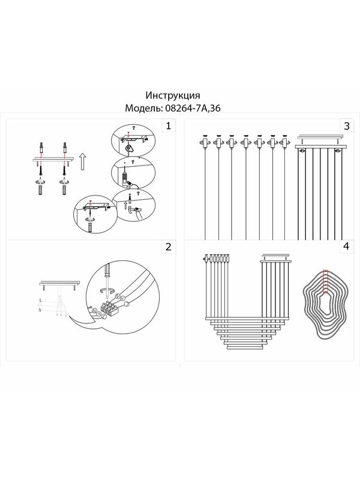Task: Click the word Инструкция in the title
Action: (x=173, y=95)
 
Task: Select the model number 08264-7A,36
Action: (x=193, y=108)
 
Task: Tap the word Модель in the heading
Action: (x=143, y=109)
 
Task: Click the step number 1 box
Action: (x=168, y=126)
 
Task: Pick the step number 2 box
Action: (x=168, y=247)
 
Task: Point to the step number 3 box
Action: (x=347, y=126)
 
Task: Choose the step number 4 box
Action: (x=347, y=247)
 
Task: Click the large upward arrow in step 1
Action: (x=82, y=162)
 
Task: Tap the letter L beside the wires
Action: (x=41, y=300)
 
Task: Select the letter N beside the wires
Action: (x=40, y=310)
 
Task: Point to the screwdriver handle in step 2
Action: (x=107, y=270)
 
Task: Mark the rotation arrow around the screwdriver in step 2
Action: (x=107, y=290)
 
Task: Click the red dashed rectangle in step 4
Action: (x=326, y=281)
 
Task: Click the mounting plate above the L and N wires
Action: (x=59, y=283)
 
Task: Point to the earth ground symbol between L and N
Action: (x=40, y=305)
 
